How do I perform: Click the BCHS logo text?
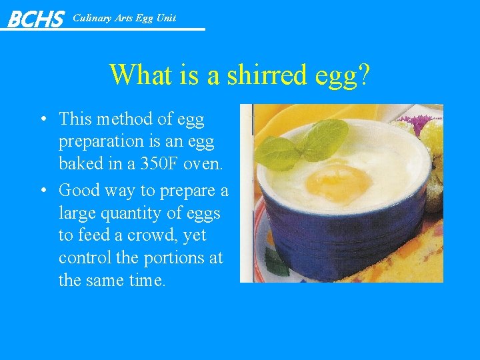tap(35, 18)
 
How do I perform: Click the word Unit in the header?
tap(165, 18)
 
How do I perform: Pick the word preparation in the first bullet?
tap(101, 141)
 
